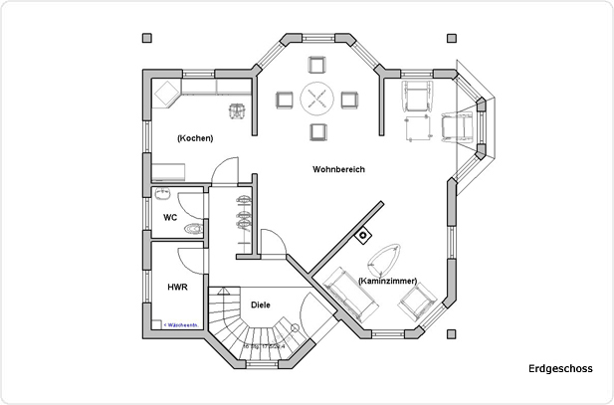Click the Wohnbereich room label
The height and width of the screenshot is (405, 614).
tap(338, 170)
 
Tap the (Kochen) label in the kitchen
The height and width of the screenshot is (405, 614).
tap(195, 138)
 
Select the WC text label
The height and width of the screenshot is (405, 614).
tap(169, 216)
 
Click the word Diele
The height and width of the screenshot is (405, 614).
tap(261, 304)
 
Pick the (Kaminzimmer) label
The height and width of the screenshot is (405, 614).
tap(387, 281)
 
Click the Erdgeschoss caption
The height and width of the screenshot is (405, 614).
tap(560, 369)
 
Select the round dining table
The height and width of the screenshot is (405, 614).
tap(318, 99)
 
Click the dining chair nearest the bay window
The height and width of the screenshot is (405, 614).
tap(318, 67)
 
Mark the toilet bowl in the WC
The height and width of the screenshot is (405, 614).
tap(193, 229)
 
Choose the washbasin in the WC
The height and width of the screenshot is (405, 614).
tap(163, 195)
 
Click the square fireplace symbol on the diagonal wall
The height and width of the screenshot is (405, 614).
tap(362, 236)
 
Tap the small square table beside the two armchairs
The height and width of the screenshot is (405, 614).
tap(413, 128)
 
